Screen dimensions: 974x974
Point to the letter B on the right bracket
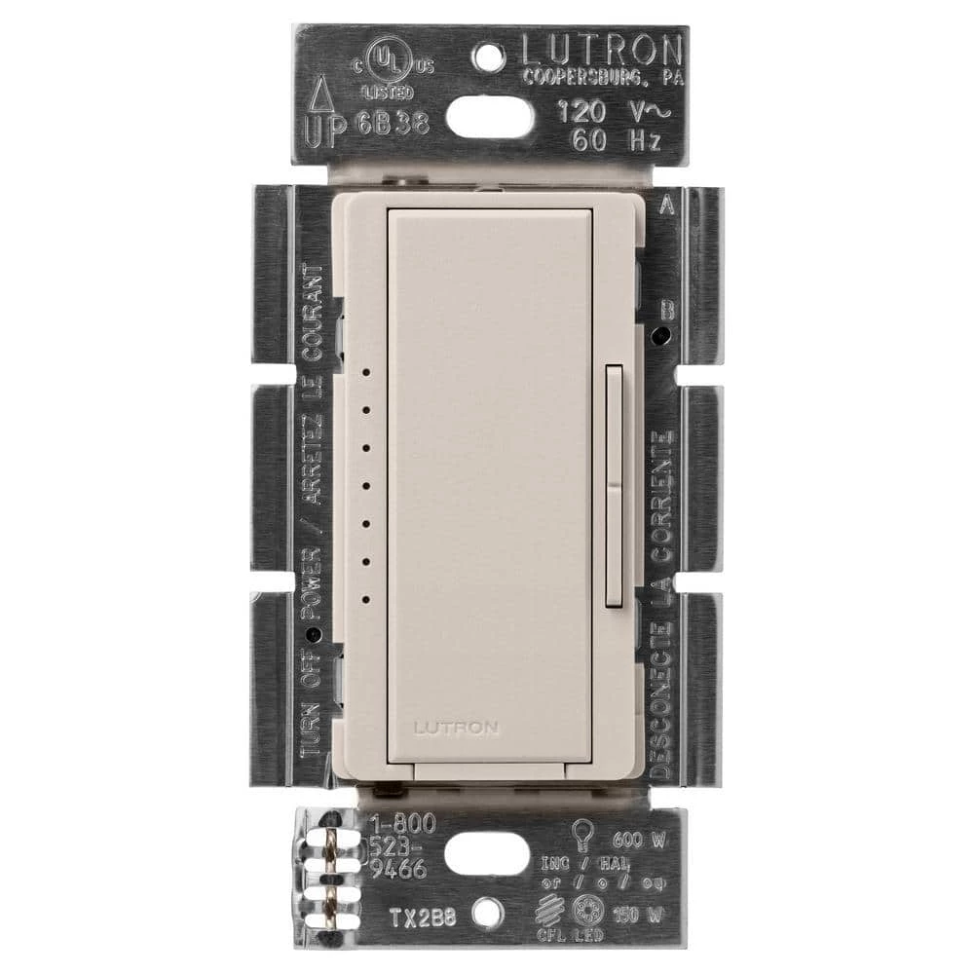point(667,311)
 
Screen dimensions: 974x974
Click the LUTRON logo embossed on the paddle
point(456,726)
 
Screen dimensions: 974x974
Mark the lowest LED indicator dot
point(363,599)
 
